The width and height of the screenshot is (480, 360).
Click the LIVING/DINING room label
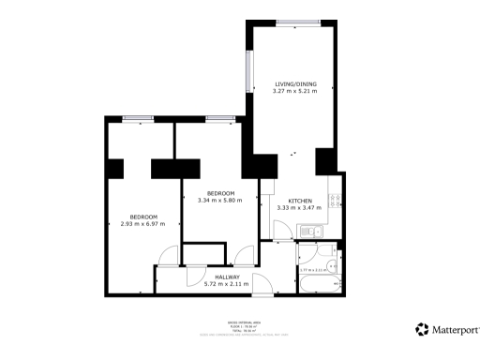(x=295, y=83)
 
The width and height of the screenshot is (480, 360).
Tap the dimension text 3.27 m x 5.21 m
(x=295, y=91)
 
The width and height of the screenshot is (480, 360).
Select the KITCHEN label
(x=300, y=201)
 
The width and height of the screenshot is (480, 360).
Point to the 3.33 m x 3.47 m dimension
(x=300, y=208)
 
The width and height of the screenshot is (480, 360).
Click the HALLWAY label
(x=228, y=277)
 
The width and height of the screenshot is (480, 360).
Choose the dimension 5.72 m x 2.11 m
(x=228, y=284)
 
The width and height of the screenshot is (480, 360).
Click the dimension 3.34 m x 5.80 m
(x=220, y=200)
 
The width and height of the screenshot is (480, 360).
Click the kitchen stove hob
(x=335, y=199)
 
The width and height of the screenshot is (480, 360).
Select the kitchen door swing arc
(x=278, y=228)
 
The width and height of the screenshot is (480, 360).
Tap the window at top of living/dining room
(x=296, y=22)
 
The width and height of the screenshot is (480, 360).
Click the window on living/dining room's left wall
(x=249, y=72)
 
